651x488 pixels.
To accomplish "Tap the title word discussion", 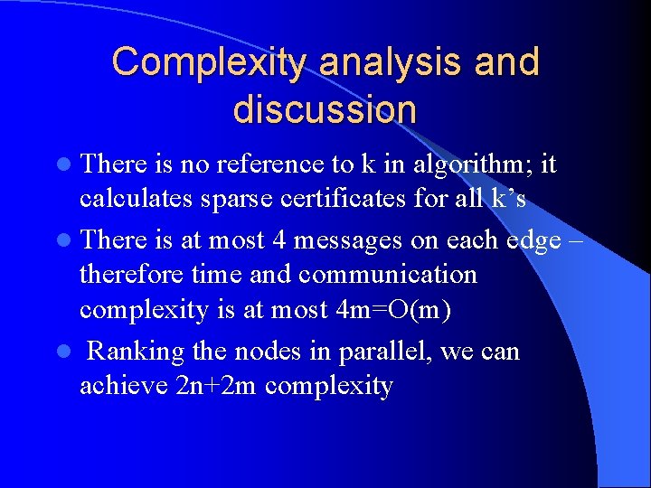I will pos(325,109).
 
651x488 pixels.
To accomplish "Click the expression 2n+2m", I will pos(212,386).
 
